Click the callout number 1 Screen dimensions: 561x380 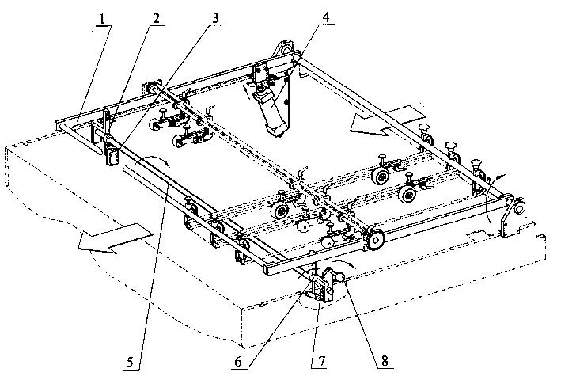coord(103,19)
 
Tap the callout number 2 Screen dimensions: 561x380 coord(157,19)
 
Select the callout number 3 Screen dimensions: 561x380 coord(215,18)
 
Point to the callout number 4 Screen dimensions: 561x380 coord(325,17)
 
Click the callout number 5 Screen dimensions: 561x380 coord(130,362)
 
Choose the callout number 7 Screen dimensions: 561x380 coord(321,361)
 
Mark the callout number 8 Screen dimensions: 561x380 coord(385,361)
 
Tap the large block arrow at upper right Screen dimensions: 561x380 coord(386,122)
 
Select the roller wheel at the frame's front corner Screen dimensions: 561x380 coord(374,240)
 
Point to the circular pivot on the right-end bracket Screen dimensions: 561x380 coord(518,208)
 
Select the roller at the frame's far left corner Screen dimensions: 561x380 coord(152,87)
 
